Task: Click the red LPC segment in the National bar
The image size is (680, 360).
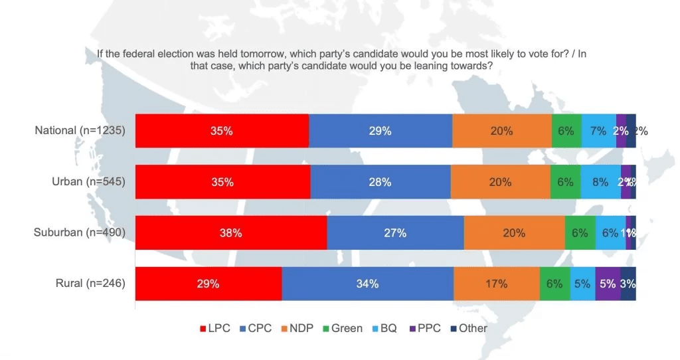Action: point(222,131)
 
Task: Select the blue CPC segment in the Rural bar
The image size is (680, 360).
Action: point(367,284)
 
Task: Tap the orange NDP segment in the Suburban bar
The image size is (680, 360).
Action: point(514,233)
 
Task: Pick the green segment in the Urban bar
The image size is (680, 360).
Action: point(565,182)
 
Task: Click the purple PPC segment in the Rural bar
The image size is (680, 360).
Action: point(608,284)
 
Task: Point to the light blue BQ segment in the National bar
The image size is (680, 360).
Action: point(598,131)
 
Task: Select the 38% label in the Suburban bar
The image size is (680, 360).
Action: point(230,233)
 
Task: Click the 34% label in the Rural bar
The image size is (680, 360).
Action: point(367,284)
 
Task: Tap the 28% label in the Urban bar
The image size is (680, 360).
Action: point(380,182)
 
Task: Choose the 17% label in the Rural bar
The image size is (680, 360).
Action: point(496,284)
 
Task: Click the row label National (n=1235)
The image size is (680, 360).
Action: point(80,131)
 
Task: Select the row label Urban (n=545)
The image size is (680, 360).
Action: point(88,181)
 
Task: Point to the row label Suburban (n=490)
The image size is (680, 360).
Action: point(80,232)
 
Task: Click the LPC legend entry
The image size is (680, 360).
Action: point(215,328)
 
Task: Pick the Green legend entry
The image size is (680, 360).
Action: point(342,328)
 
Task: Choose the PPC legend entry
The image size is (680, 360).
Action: point(425,328)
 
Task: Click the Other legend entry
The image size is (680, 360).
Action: point(469,328)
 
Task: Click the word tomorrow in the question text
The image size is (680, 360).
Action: point(279,54)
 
